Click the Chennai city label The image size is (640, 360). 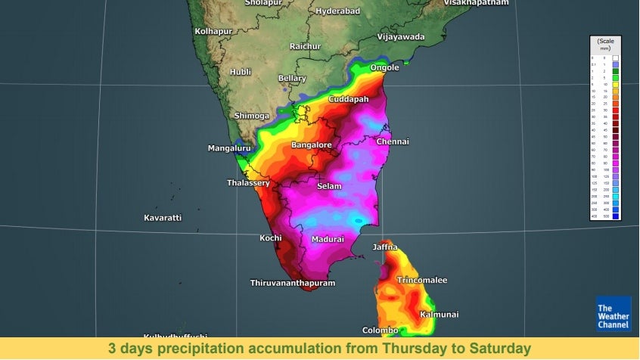point(392,141)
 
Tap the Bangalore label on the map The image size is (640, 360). point(312,144)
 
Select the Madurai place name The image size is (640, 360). point(328,239)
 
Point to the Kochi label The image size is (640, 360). point(271,238)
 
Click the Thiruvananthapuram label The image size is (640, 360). point(292,283)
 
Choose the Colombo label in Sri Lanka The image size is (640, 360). point(380,331)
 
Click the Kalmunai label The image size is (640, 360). point(440,314)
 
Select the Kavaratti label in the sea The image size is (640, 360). point(163,218)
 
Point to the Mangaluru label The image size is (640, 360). point(229,148)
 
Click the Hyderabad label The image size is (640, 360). point(337,11)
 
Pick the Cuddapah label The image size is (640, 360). point(348,100)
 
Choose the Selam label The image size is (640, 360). point(329,186)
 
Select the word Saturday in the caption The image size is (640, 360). point(500,348)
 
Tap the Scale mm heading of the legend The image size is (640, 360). point(604,43)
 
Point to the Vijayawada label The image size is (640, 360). point(402,36)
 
